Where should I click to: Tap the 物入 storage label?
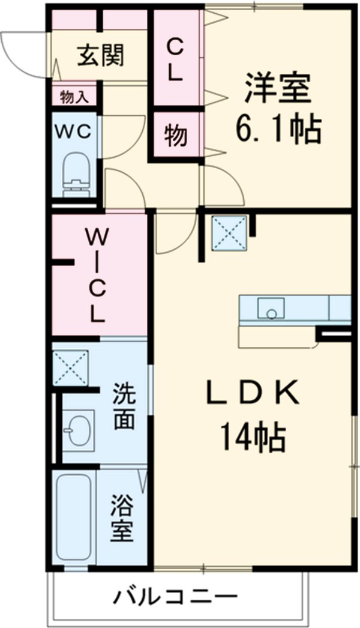(74, 95)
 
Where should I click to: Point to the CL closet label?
(175, 59)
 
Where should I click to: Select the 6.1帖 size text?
(277, 128)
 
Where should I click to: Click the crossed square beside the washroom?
(71, 367)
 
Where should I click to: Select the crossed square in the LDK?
(229, 232)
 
